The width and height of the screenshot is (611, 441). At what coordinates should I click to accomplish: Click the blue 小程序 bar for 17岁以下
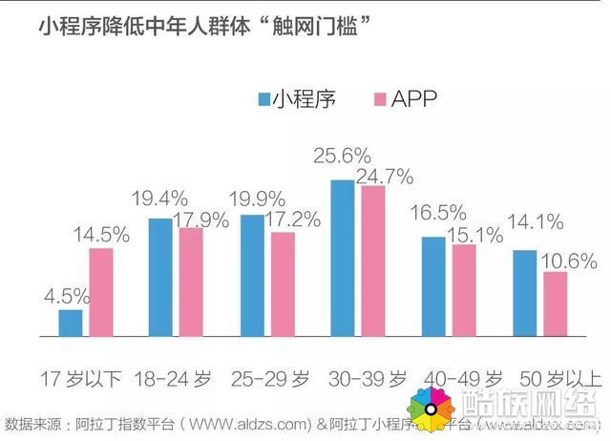point(70,323)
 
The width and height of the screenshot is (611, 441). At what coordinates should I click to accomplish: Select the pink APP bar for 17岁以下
point(100,292)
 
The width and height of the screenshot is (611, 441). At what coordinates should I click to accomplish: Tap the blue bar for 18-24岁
point(160,277)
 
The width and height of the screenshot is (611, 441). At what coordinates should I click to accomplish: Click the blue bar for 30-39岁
point(343,258)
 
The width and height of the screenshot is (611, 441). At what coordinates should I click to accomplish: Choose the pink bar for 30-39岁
point(373,261)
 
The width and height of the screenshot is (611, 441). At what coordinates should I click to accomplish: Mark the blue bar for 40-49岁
point(433,286)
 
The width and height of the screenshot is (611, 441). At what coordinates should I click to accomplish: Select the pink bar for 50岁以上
point(555,304)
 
